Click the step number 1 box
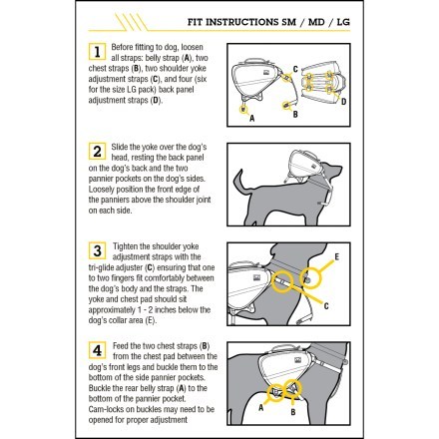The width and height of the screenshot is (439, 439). click(x=98, y=52)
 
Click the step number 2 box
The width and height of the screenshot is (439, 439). click(x=98, y=152)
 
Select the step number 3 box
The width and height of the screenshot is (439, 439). click(x=98, y=250)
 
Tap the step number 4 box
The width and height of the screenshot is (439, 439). click(x=98, y=350)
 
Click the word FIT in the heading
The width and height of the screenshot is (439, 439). click(x=195, y=20)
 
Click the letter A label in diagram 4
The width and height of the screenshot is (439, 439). click(x=261, y=407)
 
